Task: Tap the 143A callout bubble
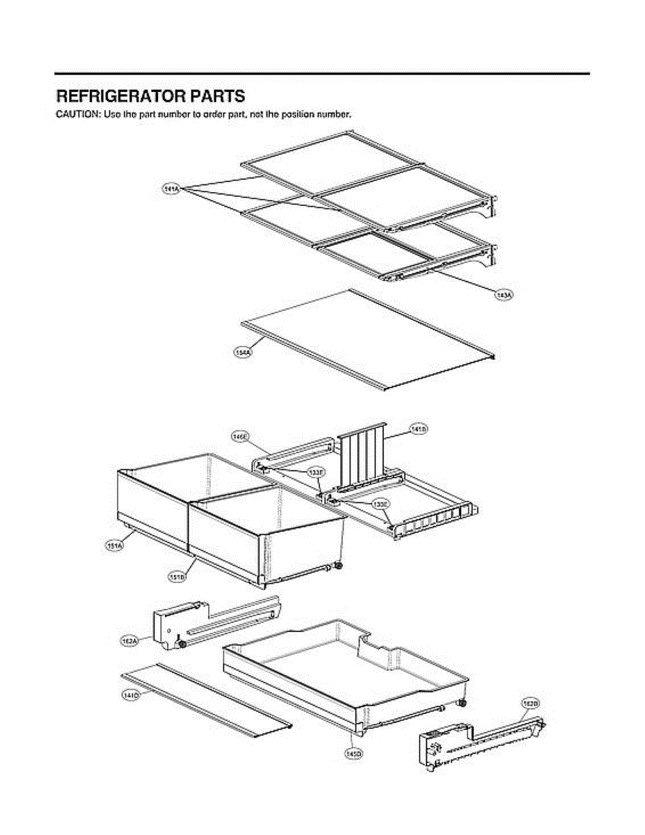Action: [x=502, y=296]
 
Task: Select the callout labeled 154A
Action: [x=243, y=353]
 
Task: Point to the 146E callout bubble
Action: [x=240, y=436]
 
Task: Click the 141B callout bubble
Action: [x=419, y=429]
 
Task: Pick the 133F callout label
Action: [x=316, y=472]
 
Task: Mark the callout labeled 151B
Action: [x=176, y=577]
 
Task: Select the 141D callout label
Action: [x=131, y=694]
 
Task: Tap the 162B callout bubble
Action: [x=531, y=705]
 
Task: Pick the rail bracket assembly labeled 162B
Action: [x=480, y=745]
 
